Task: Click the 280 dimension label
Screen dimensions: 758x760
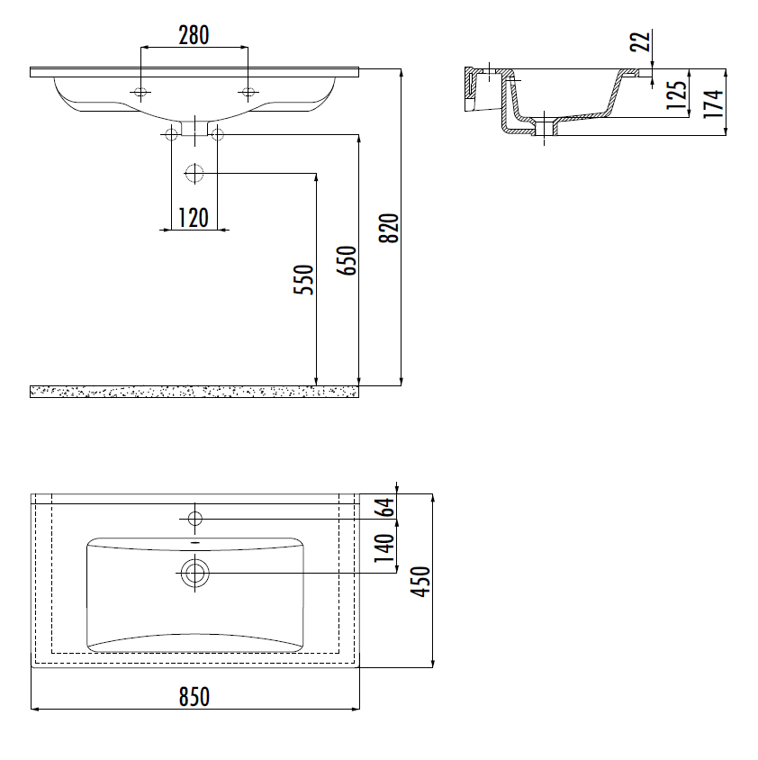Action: pyautogui.click(x=194, y=35)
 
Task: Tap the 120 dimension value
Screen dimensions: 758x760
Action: pyautogui.click(x=194, y=218)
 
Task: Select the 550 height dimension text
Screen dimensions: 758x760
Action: pyautogui.click(x=304, y=279)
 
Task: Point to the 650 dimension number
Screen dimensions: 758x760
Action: pyautogui.click(x=347, y=261)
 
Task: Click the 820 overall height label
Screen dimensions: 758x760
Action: pyautogui.click(x=389, y=228)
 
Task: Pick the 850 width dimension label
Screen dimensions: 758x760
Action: pyautogui.click(x=194, y=697)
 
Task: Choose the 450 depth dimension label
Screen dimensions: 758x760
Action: pyautogui.click(x=420, y=582)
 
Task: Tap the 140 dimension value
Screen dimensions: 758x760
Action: pyautogui.click(x=384, y=547)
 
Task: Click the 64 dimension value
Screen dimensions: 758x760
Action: pyautogui.click(x=386, y=508)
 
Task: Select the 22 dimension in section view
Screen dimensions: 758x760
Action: pyautogui.click(x=640, y=41)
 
